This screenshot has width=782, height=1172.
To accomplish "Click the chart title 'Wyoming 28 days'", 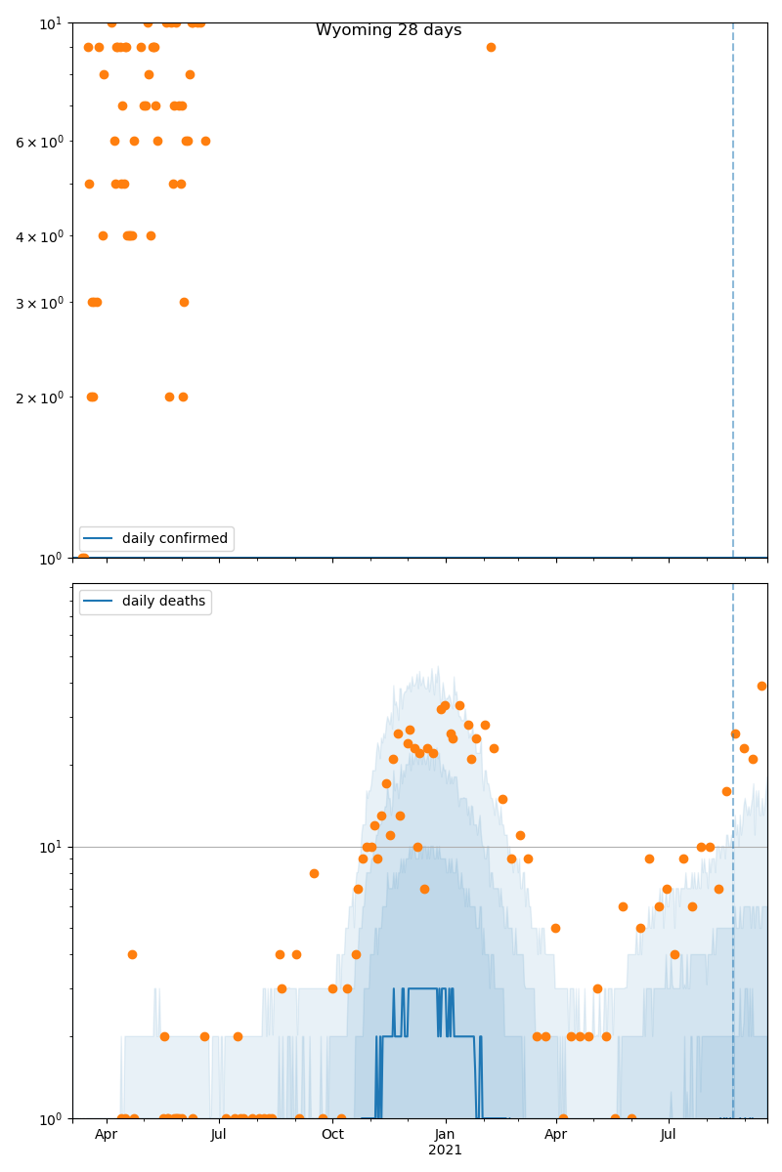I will [x=388, y=30].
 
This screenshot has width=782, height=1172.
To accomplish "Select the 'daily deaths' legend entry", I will [x=163, y=601].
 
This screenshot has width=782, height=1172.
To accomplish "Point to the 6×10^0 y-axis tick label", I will [x=40, y=142].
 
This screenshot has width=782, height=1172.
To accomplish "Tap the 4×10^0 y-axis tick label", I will [x=40, y=236].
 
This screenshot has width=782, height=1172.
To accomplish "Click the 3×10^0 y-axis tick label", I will [x=40, y=303].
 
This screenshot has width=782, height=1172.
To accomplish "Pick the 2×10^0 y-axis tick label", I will [x=40, y=398].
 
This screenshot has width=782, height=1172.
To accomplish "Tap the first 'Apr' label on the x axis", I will [x=106, y=1135].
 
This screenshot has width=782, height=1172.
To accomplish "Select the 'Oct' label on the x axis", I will [x=332, y=1135].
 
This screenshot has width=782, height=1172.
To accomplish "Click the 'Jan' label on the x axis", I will [x=445, y=1135].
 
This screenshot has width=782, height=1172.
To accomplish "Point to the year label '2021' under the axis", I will [x=445, y=1151].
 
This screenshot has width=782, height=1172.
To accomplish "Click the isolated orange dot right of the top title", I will [x=491, y=47].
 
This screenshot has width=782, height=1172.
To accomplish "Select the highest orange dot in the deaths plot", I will [x=761, y=686].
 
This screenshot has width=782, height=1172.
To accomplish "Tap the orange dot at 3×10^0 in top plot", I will [x=184, y=302].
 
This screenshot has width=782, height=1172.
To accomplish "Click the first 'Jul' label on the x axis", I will [x=219, y=1135].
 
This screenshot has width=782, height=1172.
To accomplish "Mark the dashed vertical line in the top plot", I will [x=733, y=293].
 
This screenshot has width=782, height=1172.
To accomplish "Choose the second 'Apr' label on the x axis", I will [x=556, y=1135].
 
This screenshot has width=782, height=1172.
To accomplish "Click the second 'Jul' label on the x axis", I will [x=669, y=1135].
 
